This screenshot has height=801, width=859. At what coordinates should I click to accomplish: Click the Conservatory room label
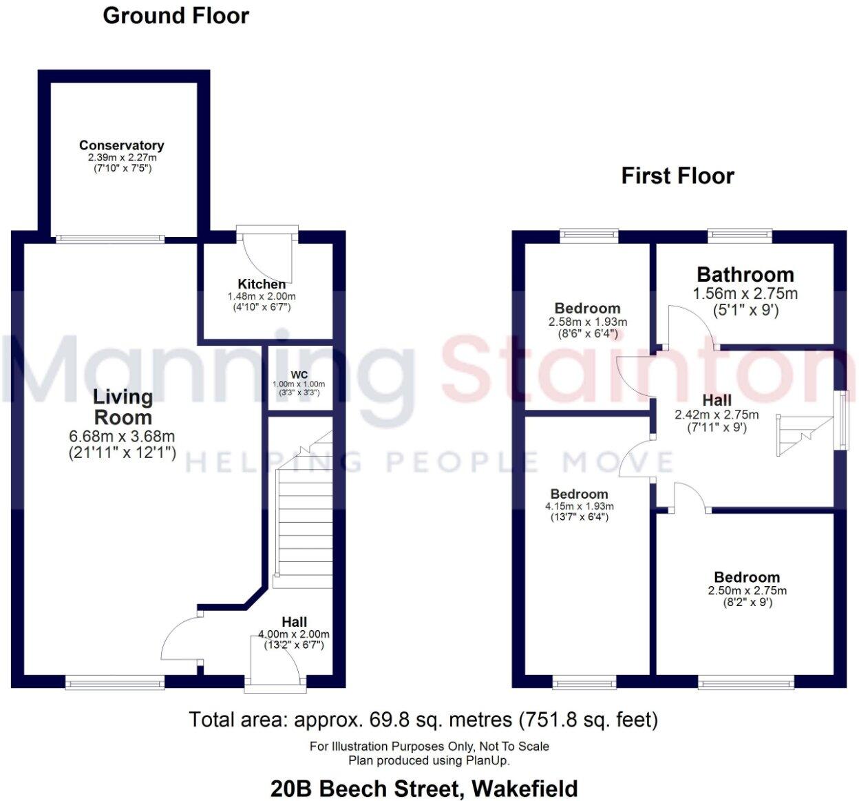(121, 145)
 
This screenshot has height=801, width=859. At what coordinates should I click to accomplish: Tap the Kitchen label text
(262, 284)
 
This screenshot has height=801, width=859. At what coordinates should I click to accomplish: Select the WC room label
(299, 375)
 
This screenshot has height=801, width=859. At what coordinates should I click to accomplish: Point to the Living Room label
(123, 406)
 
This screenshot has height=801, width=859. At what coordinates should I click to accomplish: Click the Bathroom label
(745, 275)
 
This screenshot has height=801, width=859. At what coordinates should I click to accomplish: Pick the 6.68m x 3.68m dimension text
(122, 437)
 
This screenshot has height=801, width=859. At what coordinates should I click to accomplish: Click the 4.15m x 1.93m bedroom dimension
(579, 506)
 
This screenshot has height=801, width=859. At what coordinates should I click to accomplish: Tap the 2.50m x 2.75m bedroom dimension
(747, 590)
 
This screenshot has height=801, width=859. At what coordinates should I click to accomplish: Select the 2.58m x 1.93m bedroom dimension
(587, 322)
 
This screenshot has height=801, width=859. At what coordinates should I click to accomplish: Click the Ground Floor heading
(176, 15)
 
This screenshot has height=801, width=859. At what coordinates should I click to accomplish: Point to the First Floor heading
(677, 176)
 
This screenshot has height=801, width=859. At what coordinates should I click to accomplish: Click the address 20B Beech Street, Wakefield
(424, 788)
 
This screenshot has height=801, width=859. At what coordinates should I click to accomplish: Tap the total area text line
(423, 720)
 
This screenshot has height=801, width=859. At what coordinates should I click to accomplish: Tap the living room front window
(115, 683)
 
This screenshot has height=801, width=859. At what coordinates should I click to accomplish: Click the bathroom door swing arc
(692, 327)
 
